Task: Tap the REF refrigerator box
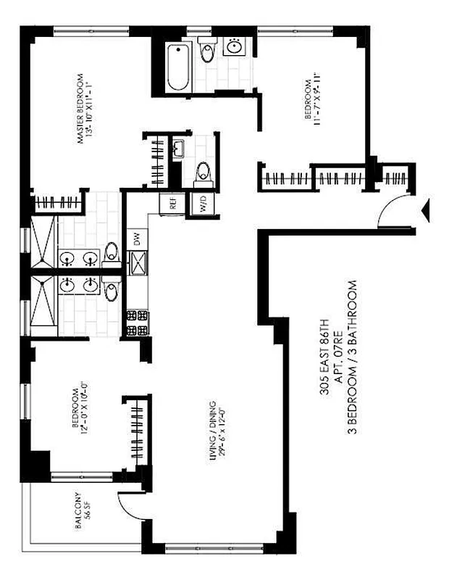coord(173,204)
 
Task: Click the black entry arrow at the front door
coord(426,210)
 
